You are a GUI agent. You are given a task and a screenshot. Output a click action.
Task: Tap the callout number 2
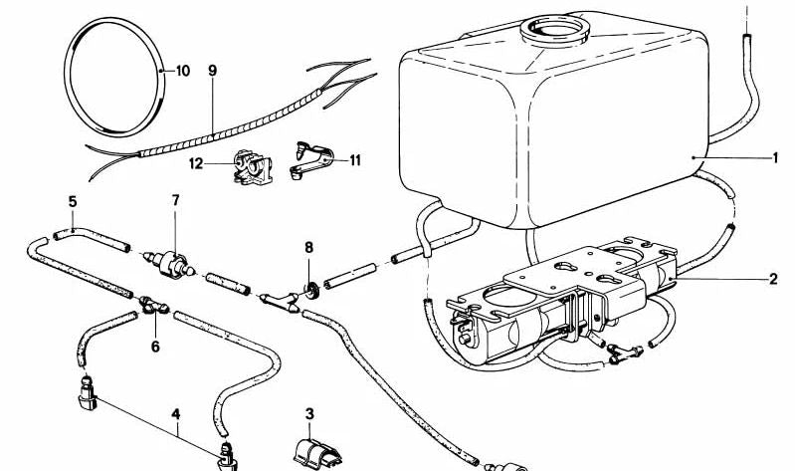tap(774, 280)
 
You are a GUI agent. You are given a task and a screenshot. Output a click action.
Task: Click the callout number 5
tap(73, 201)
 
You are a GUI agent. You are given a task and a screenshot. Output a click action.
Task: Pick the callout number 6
tap(154, 348)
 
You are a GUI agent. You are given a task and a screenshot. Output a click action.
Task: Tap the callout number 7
tap(175, 201)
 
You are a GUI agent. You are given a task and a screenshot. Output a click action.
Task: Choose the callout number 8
tap(309, 245)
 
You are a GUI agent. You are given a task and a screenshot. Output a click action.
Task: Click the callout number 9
tap(212, 71)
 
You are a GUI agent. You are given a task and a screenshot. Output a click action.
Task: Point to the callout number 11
tap(355, 157)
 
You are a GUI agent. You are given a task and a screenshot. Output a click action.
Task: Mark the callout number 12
tap(198, 161)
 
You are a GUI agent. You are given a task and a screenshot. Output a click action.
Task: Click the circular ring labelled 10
tap(111, 73)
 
